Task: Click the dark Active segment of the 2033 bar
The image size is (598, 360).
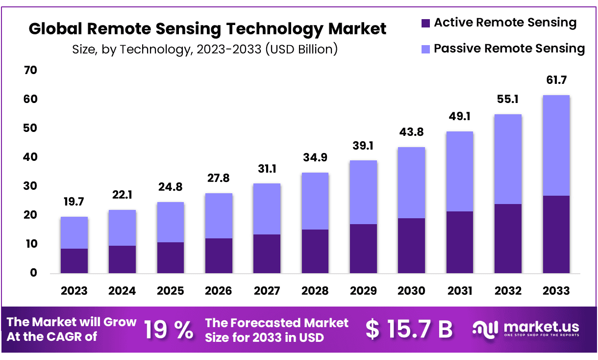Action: pyautogui.click(x=556, y=234)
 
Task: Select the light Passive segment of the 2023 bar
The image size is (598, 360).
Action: pyautogui.click(x=74, y=232)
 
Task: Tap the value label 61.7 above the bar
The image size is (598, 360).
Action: pyautogui.click(x=556, y=79)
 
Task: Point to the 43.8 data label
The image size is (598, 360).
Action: pyautogui.click(x=411, y=132)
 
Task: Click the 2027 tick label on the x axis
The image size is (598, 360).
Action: pyautogui.click(x=267, y=290)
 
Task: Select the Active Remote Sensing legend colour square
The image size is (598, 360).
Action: pyautogui.click(x=425, y=23)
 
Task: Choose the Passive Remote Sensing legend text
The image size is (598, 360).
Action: pyautogui.click(x=509, y=49)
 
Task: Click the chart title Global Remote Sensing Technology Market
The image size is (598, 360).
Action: pyautogui.click(x=207, y=28)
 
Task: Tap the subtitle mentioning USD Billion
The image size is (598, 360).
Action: pyautogui.click(x=205, y=50)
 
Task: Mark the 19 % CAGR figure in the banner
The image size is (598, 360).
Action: pyautogui.click(x=168, y=330)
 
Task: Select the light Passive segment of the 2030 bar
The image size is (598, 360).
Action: pyautogui.click(x=411, y=182)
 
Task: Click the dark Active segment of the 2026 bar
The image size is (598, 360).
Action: pyautogui.click(x=219, y=256)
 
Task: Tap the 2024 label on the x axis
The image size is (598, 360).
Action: pyautogui.click(x=122, y=290)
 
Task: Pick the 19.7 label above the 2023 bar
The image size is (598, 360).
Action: pyautogui.click(x=74, y=202)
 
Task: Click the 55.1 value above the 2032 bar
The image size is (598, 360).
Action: pyautogui.click(x=508, y=99)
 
